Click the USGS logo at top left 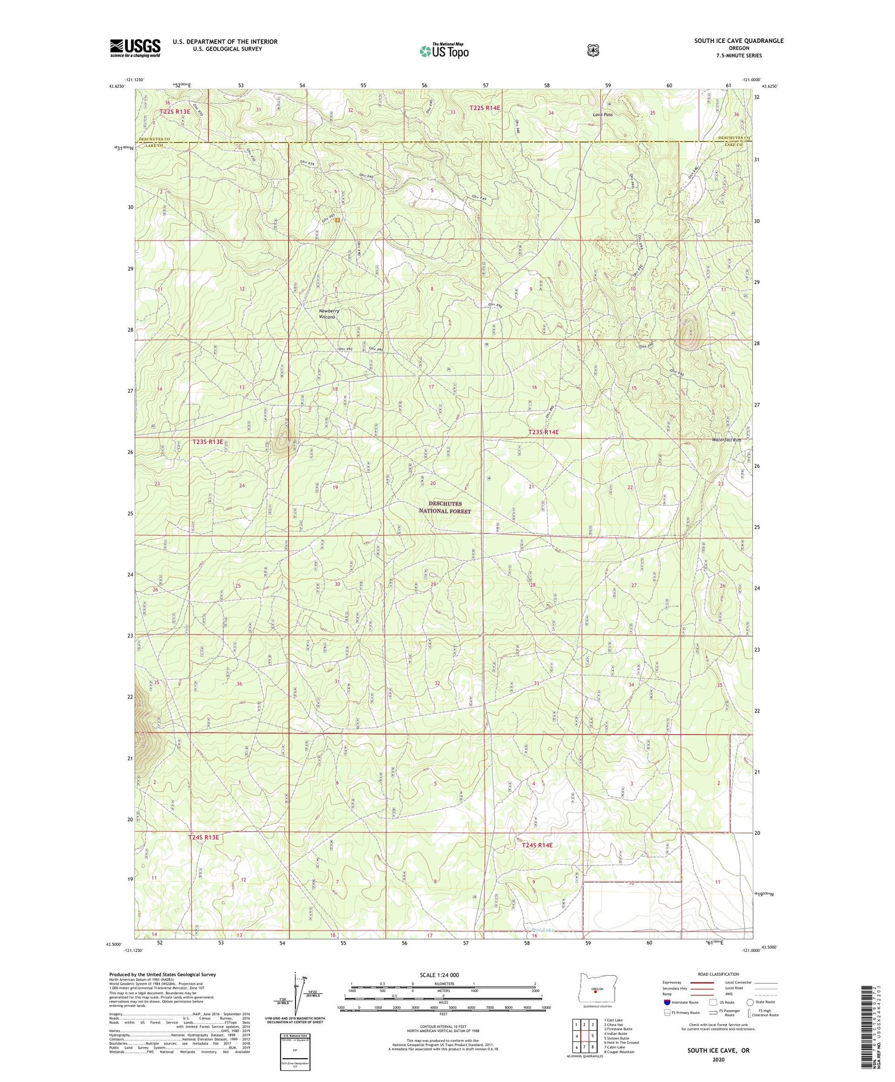[135, 48]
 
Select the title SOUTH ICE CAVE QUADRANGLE [739, 41]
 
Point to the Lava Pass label [603, 114]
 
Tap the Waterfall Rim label [726, 440]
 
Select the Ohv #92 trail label [345, 349]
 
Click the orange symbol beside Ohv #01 [338, 220]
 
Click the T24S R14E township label [537, 845]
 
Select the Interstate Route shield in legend [667, 1003]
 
